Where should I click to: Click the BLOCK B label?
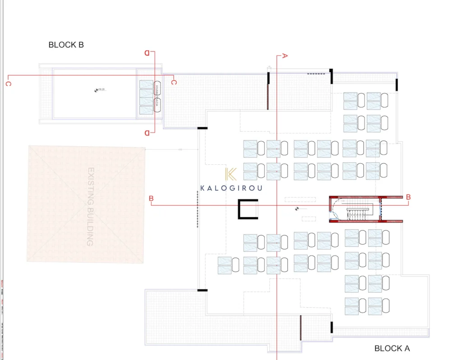66,45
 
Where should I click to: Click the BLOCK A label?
392,348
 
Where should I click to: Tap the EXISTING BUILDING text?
90,207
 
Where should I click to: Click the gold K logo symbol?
231,174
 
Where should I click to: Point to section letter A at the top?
285,56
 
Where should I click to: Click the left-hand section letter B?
151,198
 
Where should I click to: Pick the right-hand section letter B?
408,197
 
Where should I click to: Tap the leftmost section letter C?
8,84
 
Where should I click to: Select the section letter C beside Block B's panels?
174,82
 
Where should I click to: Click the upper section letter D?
147,53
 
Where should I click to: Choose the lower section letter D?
147,133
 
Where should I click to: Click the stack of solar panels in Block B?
146,97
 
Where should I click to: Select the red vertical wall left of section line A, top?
269,96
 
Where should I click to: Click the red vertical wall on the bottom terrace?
300,328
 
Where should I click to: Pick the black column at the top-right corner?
397,84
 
